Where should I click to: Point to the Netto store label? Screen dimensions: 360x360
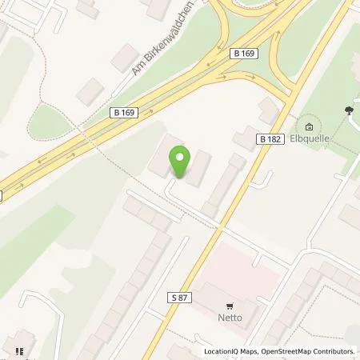231,318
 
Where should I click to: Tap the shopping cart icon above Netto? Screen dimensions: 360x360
231,306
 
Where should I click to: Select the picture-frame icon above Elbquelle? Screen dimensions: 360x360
310,126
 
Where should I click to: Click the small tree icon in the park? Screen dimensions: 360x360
350,111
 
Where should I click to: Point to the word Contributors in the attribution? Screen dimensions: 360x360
334,352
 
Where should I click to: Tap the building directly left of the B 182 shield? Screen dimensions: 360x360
244,139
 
